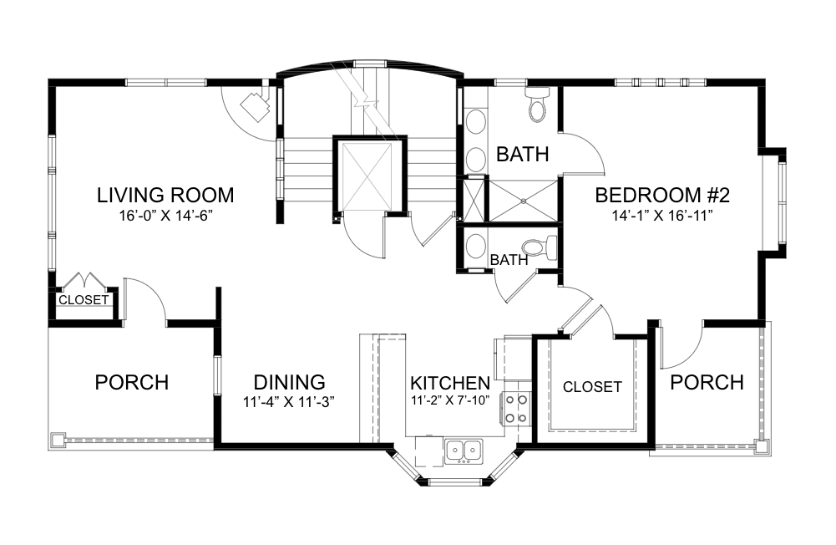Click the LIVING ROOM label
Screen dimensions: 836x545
click(x=165, y=196)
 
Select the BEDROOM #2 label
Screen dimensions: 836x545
click(x=662, y=196)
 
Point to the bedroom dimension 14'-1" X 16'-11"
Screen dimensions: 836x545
click(x=662, y=216)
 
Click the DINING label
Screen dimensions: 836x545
click(x=290, y=382)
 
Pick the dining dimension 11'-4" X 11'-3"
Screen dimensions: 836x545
click(x=289, y=402)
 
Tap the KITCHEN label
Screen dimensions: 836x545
click(x=450, y=383)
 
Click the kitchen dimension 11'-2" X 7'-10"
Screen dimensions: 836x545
click(x=450, y=400)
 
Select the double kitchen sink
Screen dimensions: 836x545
click(x=463, y=451)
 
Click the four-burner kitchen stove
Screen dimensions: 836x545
click(x=515, y=409)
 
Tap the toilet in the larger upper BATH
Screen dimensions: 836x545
click(x=537, y=104)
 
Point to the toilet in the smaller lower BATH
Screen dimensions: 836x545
click(x=539, y=248)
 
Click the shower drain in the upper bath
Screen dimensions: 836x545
click(x=524, y=201)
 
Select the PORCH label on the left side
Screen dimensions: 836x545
click(x=132, y=382)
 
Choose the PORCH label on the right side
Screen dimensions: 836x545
click(x=707, y=382)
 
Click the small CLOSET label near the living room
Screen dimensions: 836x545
click(x=84, y=300)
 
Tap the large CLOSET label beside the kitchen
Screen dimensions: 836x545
click(x=592, y=386)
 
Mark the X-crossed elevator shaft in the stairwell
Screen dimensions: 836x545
click(x=367, y=177)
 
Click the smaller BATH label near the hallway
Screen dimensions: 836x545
click(x=509, y=260)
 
